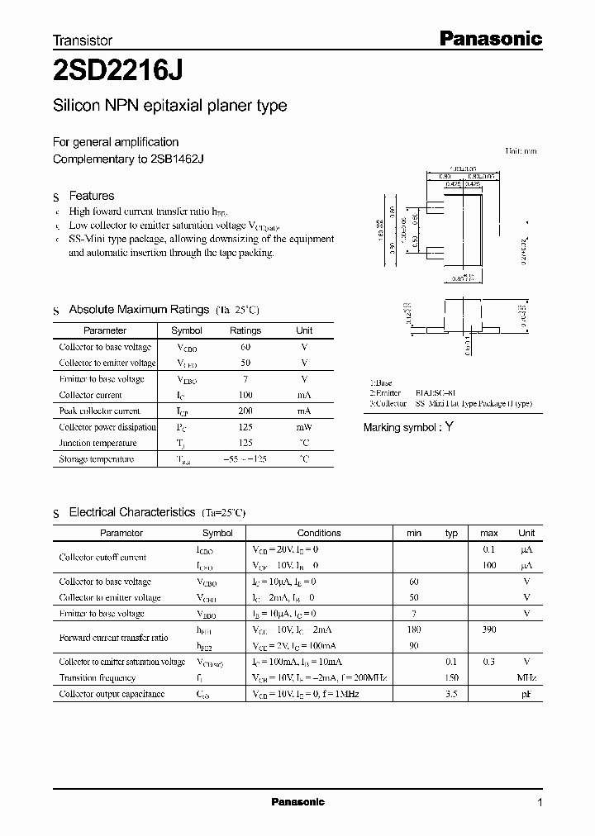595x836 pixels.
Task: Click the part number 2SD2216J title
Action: point(117,71)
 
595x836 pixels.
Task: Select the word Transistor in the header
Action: point(83,40)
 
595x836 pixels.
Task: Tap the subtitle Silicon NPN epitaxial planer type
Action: point(169,106)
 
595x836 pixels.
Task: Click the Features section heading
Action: point(91,196)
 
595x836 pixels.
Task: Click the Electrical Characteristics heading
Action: point(132,513)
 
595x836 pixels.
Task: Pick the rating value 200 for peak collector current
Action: point(245,411)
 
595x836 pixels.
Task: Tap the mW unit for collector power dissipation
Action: point(304,427)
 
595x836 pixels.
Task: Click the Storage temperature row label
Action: point(97,459)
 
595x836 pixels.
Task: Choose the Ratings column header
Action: point(245,330)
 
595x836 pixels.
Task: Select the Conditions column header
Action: point(319,534)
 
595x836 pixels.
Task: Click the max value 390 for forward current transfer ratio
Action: point(488,629)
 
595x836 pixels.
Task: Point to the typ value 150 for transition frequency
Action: point(451,678)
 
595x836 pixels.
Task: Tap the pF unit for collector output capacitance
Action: point(526,695)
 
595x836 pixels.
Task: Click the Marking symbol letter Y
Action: point(449,427)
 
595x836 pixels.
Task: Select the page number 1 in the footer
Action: point(540,803)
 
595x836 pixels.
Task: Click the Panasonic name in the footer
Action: point(298,802)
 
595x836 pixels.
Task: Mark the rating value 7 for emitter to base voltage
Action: point(245,379)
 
